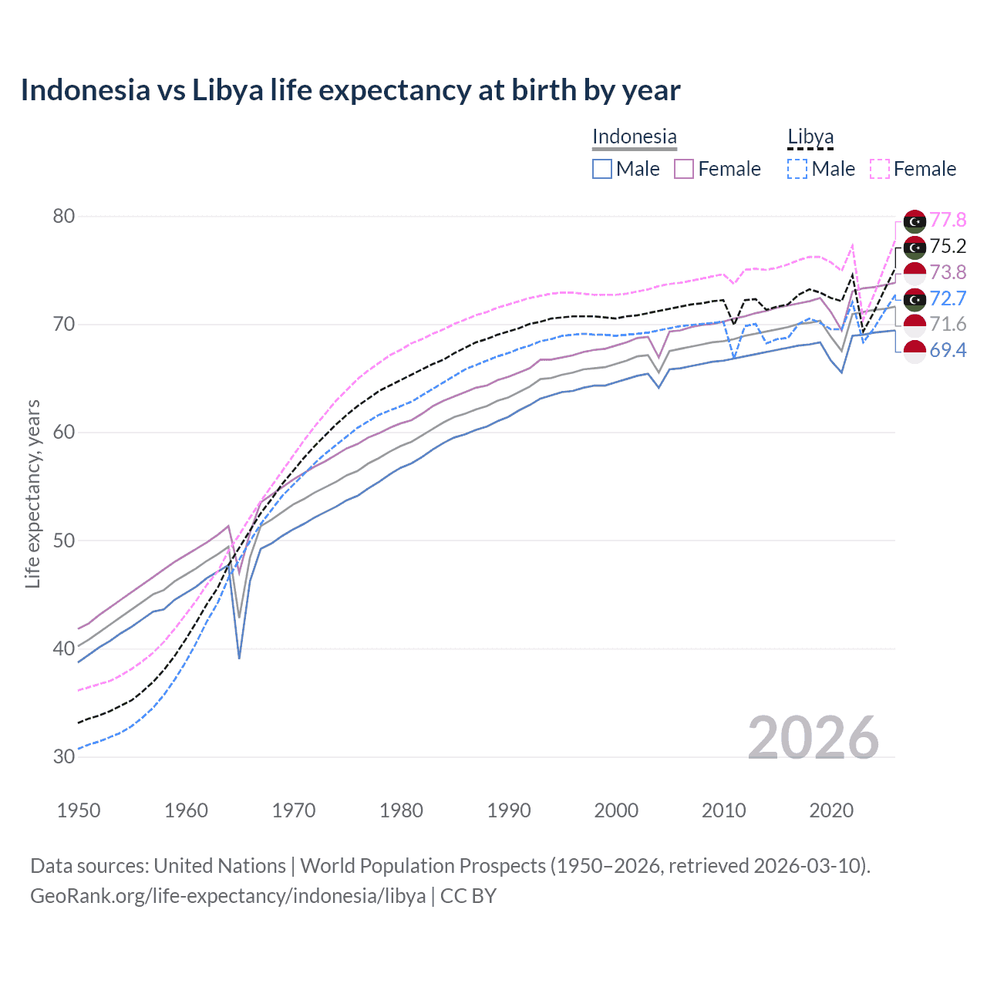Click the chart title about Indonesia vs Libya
(350, 90)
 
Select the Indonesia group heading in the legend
(634, 136)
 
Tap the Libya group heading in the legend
(810, 136)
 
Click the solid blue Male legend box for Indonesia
(602, 169)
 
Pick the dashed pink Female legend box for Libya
(880, 169)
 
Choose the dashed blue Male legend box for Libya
(797, 169)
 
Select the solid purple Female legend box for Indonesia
(684, 169)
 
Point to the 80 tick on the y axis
(63, 216)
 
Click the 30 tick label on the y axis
(63, 756)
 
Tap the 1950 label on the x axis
(79, 810)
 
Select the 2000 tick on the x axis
(616, 810)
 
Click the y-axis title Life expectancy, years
(32, 493)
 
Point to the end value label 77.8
(948, 220)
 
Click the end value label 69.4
(948, 350)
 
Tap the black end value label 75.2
(948, 246)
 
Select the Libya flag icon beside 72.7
(915, 298)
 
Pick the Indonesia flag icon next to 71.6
(915, 325)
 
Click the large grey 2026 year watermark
(813, 738)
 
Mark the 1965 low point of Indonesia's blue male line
(239, 658)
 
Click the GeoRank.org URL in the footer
(227, 896)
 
